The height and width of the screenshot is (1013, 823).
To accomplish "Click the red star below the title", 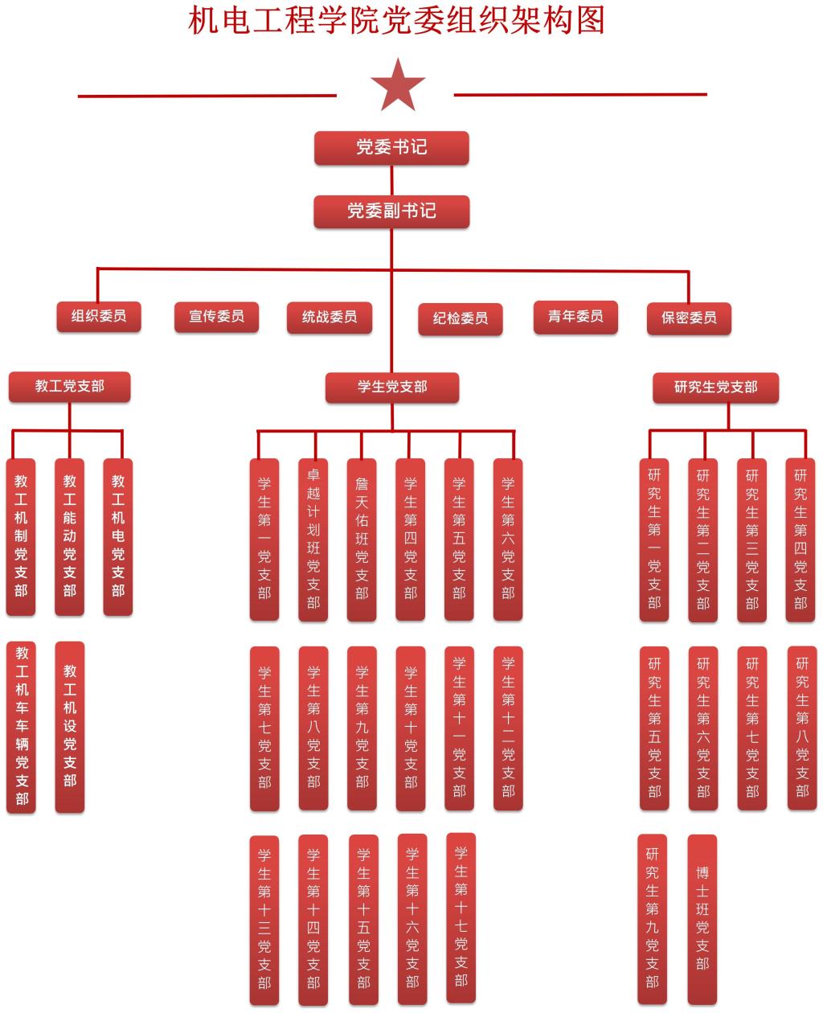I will pyautogui.click(x=397, y=85).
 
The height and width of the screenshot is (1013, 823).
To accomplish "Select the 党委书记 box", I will pyautogui.click(x=391, y=147).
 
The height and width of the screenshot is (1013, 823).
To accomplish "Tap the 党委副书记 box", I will pyautogui.click(x=391, y=211).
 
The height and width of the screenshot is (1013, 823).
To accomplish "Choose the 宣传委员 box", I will pyautogui.click(x=216, y=316).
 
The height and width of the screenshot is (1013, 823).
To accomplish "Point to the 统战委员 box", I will pyautogui.click(x=330, y=317).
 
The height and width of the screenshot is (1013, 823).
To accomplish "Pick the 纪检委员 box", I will pyautogui.click(x=461, y=318).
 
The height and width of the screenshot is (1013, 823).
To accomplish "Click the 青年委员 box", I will pyautogui.click(x=575, y=316).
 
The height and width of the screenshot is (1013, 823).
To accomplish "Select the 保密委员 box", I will pyautogui.click(x=689, y=318).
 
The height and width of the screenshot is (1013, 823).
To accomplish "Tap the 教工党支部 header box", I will pyautogui.click(x=69, y=386).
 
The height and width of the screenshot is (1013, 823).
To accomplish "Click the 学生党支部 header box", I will pyautogui.click(x=392, y=387).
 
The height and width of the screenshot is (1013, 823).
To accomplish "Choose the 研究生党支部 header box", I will pyautogui.click(x=715, y=387).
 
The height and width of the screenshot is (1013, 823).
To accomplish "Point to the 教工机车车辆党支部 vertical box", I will pyautogui.click(x=22, y=727).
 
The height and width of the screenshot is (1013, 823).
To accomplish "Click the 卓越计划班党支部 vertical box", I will pyautogui.click(x=313, y=539).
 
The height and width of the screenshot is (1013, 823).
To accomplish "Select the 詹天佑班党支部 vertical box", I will pyautogui.click(x=362, y=539).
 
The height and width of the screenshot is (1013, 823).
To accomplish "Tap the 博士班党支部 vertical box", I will pyautogui.click(x=702, y=919).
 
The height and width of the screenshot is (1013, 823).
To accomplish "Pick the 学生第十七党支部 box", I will pyautogui.click(x=461, y=916).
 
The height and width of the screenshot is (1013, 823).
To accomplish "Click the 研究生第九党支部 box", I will pyautogui.click(x=652, y=919).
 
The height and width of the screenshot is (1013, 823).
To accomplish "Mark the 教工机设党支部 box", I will pyautogui.click(x=70, y=726).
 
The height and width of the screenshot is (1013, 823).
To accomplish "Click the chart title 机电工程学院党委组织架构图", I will pyautogui.click(x=396, y=20).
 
